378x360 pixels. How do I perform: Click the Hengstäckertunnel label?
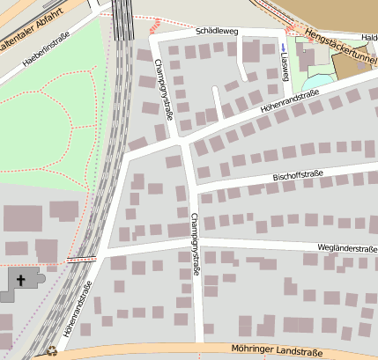(x=340, y=48)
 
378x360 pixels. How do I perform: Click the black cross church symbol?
(x=21, y=279)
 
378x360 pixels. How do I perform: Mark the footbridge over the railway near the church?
(x=81, y=259)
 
